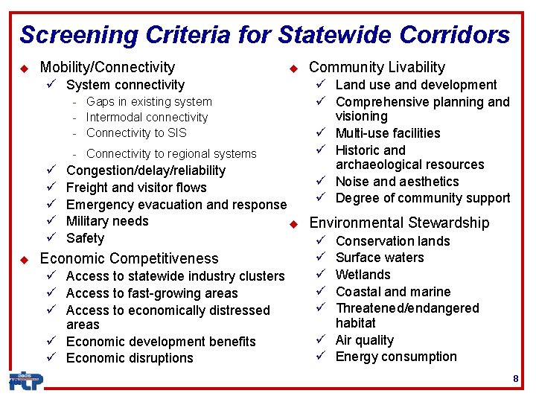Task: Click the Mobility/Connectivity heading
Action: pos(107,68)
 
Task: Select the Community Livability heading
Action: pos(377,68)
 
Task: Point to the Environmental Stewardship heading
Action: pos(399,223)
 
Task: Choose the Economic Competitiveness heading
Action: pos(129,258)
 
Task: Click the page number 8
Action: pos(515,380)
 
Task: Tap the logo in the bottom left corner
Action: pos(26,380)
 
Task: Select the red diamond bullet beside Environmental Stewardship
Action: pos(293,223)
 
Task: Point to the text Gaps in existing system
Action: pos(149,101)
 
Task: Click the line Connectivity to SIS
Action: pos(136,133)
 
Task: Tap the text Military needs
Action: pos(107,221)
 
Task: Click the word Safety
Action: pos(85,238)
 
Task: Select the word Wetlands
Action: pos(363,275)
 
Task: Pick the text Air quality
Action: pos(364,340)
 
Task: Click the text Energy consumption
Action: pos(396,357)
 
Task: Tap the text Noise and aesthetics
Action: pos(397,182)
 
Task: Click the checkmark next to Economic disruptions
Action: pos(53,358)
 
